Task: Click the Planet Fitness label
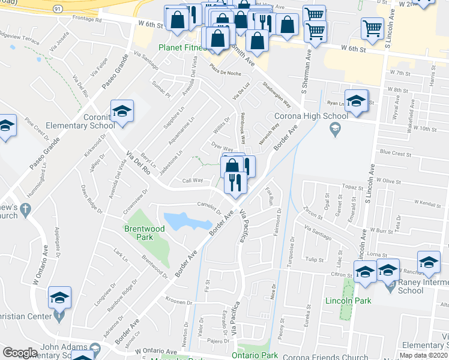pyautogui.click(x=179, y=47)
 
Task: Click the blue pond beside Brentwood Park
pyautogui.click(x=187, y=221)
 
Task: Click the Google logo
pyautogui.click(x=20, y=353)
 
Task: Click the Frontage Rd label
pyautogui.click(x=86, y=19)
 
